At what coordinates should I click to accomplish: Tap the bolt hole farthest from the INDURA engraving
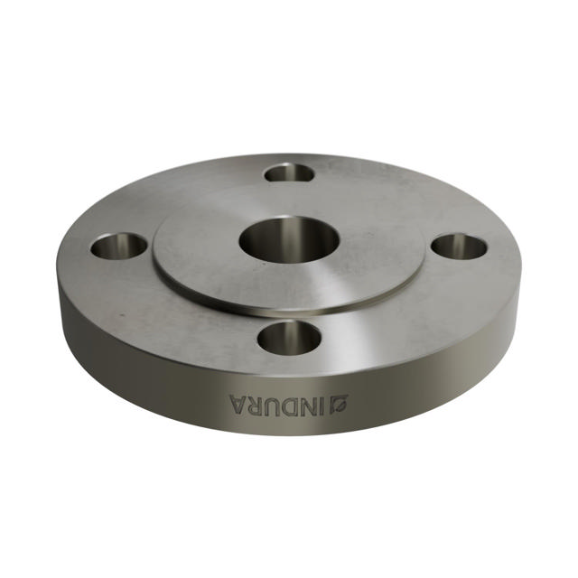(x=290, y=172)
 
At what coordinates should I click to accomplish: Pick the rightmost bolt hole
(x=459, y=246)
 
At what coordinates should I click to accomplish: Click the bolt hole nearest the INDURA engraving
(x=289, y=338)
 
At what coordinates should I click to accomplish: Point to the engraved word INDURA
(x=280, y=404)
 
